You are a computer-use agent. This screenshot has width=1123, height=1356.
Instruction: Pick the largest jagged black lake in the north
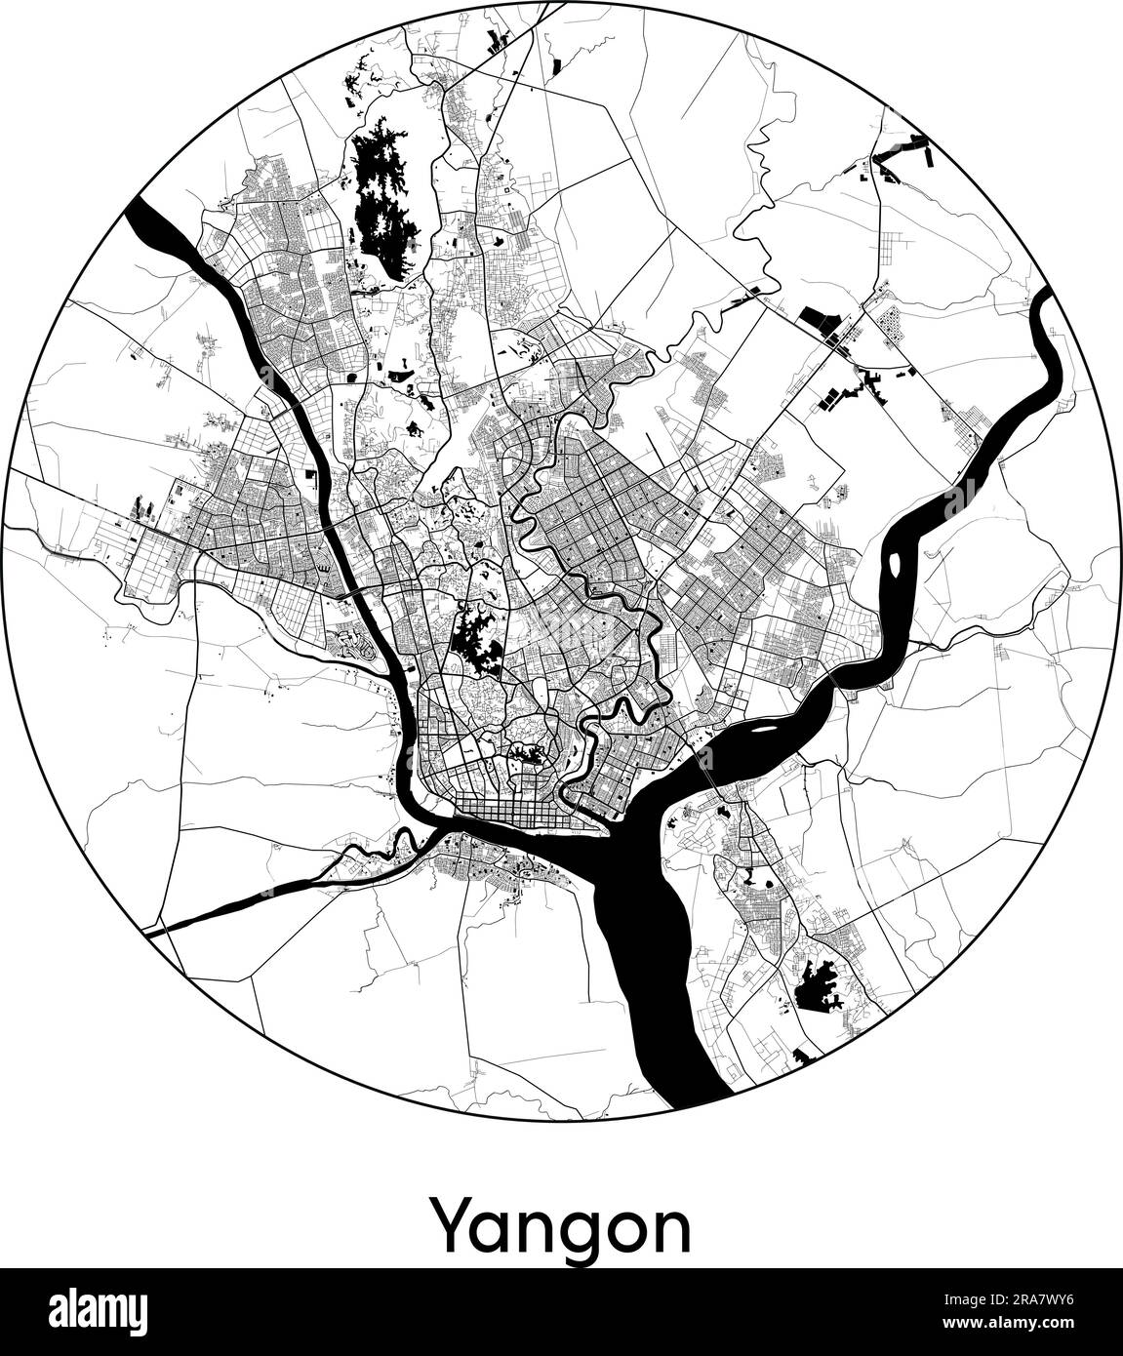[x=382, y=195]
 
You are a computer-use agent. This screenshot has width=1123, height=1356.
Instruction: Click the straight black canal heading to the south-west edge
[x=244, y=897]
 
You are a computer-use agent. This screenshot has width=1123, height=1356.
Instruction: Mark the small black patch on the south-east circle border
[x=807, y=1055]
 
